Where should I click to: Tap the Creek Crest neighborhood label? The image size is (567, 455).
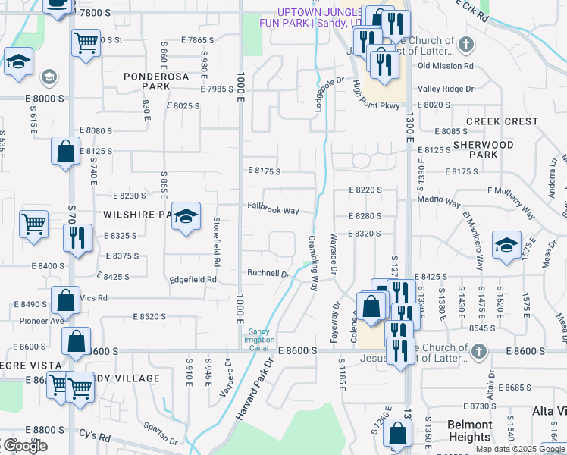click(x=502, y=121)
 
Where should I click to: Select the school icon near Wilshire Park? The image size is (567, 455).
click(x=186, y=218)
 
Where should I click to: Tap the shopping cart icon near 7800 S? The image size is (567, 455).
click(x=86, y=42)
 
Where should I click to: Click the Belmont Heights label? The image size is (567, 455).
click(x=469, y=431)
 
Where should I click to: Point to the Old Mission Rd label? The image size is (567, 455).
click(x=445, y=66)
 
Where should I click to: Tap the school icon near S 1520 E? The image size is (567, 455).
click(x=506, y=246)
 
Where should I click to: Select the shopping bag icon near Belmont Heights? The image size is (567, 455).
click(x=398, y=435)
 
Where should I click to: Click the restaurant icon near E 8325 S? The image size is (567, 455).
click(x=78, y=238)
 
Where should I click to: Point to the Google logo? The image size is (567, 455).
click(x=24, y=446)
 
